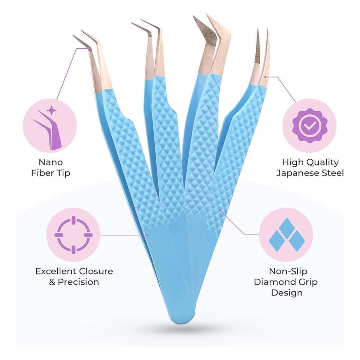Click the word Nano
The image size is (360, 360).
coord(51,162)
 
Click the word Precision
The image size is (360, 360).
coord(78,282)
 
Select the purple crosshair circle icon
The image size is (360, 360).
coord(73,235)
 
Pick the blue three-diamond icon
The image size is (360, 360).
coord(286,235)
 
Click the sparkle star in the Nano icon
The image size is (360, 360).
coord(51,110)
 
